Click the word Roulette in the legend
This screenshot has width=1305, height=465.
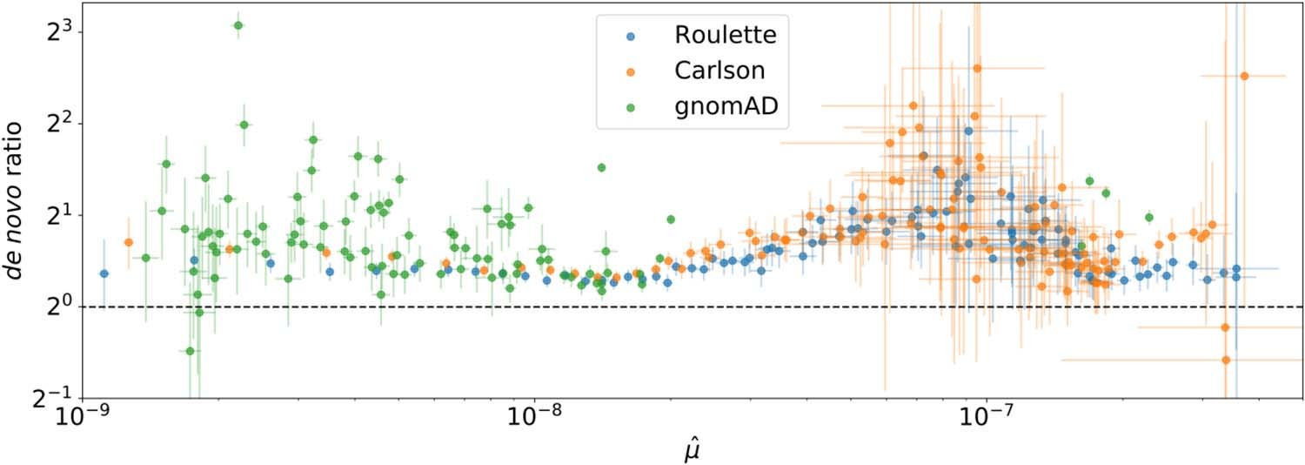coord(725,37)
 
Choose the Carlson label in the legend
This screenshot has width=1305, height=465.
coord(718,71)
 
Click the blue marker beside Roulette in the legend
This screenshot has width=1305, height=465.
coord(632,37)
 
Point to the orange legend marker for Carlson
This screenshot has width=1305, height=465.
coord(632,71)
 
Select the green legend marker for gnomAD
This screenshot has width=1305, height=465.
coord(632,106)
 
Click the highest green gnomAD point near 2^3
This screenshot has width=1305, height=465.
coord(238,25)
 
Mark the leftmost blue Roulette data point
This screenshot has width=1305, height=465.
coord(104,273)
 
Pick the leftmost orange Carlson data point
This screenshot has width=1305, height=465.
coord(129,242)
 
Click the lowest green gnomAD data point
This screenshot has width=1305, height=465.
coord(190,351)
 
